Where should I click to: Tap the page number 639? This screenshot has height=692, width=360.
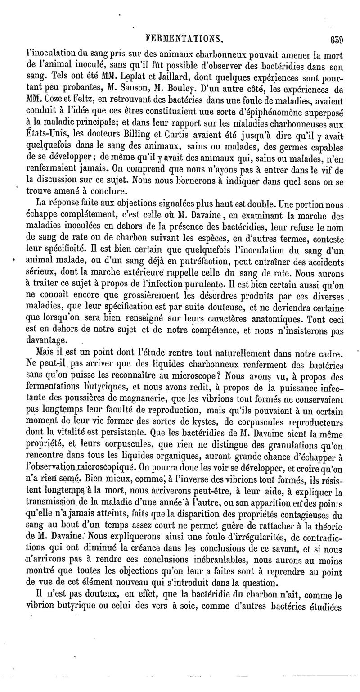(336, 39)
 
